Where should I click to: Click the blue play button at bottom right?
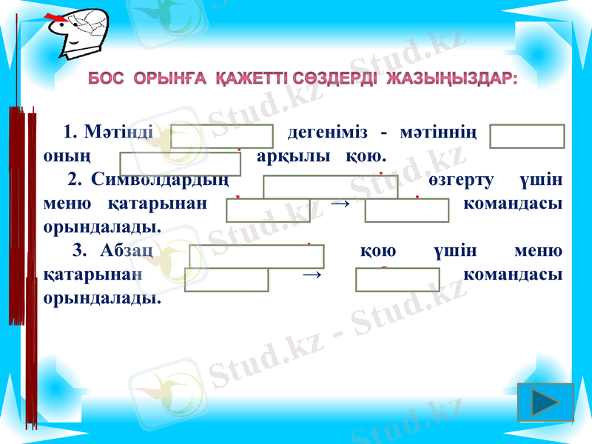point(547,403)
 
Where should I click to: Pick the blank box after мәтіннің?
point(527,137)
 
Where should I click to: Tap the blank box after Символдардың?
point(330,186)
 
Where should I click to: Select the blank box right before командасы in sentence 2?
point(406,210)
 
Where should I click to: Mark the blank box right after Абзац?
point(257,256)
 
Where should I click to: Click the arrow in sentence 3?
point(312,274)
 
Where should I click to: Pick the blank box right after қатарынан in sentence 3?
point(226,280)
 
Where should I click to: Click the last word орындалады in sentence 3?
point(102,299)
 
